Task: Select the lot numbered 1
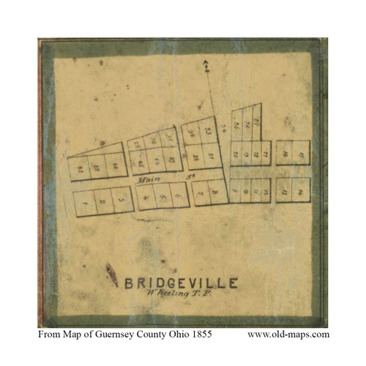coord(86,202)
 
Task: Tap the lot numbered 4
coord(146,196)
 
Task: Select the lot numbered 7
coord(199,192)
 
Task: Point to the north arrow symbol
coord(207,67)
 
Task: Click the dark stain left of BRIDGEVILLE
coord(112,274)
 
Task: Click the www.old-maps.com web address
coord(288,335)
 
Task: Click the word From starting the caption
coord(47,335)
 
